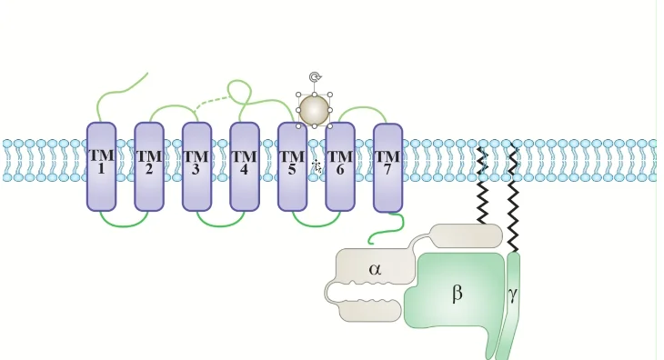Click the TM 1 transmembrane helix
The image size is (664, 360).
click(101, 166)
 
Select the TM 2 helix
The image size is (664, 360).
click(149, 166)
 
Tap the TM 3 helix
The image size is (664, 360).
click(196, 166)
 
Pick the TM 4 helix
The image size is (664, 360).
click(245, 166)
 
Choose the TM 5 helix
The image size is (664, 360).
click(292, 166)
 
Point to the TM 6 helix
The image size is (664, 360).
click(340, 166)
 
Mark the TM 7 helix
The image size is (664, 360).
click(387, 168)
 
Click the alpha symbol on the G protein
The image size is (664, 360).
click(375, 269)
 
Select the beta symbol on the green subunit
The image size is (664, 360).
click(457, 293)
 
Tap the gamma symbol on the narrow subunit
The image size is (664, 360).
click(513, 294)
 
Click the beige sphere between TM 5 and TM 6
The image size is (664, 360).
click(314, 110)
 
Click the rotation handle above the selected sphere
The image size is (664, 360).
click(315, 77)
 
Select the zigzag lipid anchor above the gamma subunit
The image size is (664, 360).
click(513, 199)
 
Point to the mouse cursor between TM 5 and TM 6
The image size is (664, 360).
click(317, 166)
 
